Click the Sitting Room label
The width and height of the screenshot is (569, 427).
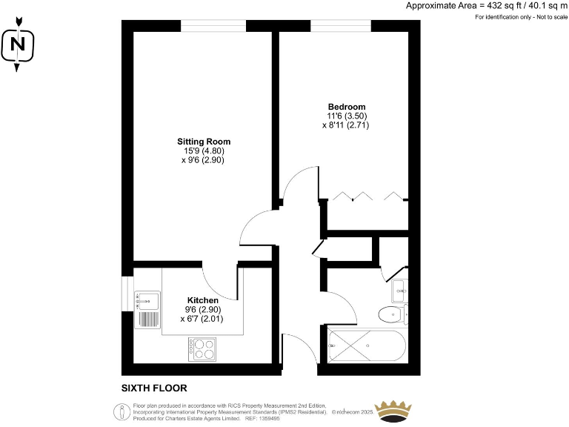coord(203,142)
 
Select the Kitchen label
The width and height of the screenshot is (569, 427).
coord(202,300)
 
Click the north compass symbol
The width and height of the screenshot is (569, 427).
coord(18,47)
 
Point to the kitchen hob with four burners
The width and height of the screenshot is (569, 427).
coord(202,348)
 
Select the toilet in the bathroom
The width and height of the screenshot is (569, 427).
coord(391,314)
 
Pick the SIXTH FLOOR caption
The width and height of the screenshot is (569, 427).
coord(154,388)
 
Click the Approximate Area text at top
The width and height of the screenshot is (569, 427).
coord(486,6)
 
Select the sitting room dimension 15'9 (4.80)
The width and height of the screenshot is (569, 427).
coord(203,150)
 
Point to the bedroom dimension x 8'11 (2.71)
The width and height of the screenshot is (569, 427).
coord(346,125)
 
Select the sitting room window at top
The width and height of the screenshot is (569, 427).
coord(213,26)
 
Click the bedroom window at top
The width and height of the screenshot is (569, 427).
coord(341,26)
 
